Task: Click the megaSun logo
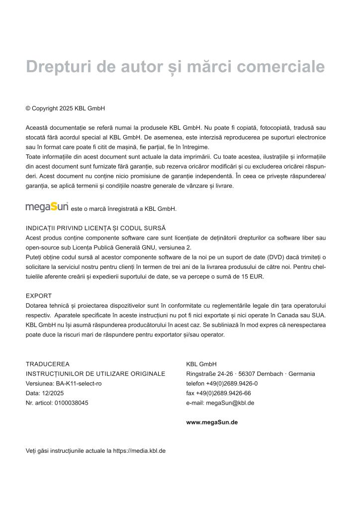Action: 47,206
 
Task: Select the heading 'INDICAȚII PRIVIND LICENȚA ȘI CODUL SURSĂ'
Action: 95,228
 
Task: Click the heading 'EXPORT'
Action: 39,296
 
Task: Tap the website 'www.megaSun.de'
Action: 212,423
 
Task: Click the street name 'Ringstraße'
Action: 200,374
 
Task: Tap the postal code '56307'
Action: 242,374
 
